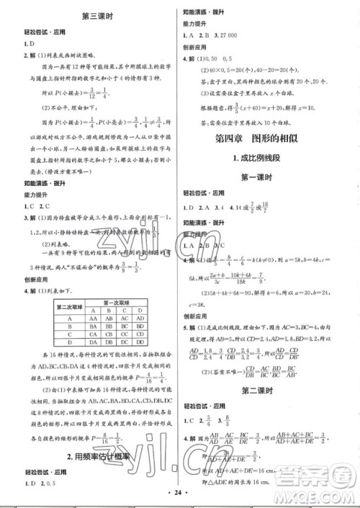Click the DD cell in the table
(x=144, y=334)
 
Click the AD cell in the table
(x=144, y=303)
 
